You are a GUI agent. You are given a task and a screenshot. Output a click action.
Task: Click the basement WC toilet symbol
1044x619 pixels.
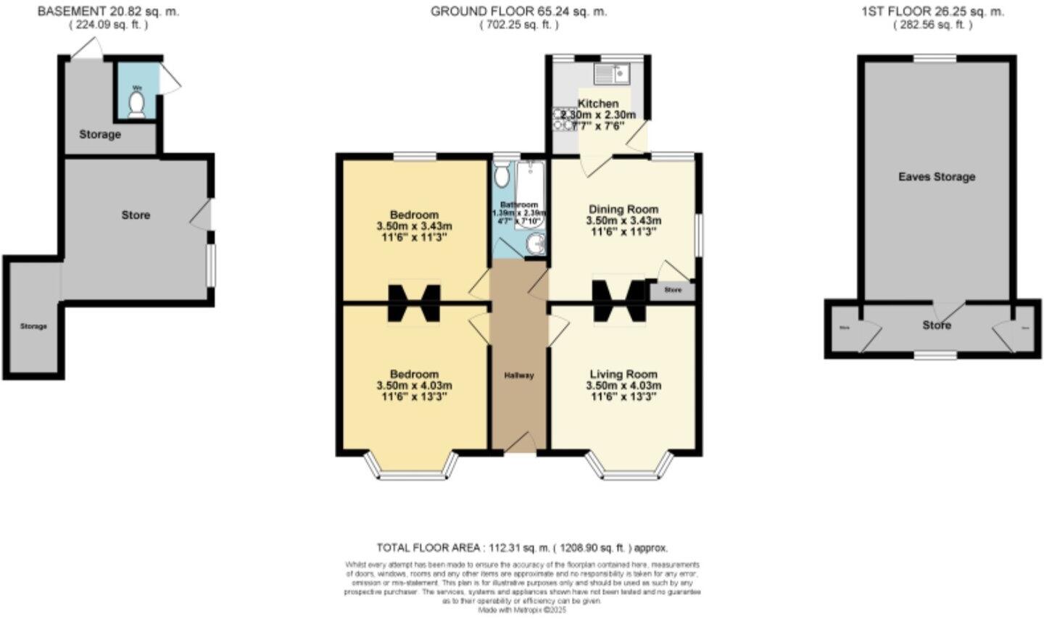pyautogui.click(x=136, y=105)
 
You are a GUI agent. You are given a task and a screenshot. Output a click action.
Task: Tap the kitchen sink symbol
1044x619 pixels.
pyautogui.click(x=612, y=73)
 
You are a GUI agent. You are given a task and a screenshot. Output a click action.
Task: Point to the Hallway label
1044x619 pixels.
pyautogui.click(x=519, y=375)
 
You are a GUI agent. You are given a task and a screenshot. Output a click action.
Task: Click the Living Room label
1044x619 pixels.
pyautogui.click(x=623, y=374)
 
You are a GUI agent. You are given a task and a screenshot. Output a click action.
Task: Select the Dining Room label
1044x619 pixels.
pyautogui.click(x=623, y=209)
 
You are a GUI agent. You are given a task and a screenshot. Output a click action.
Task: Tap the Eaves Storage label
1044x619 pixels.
pyautogui.click(x=937, y=177)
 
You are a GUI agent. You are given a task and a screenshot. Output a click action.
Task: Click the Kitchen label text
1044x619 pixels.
pyautogui.click(x=598, y=104)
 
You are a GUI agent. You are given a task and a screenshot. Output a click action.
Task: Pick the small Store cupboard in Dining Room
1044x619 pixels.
pyautogui.click(x=673, y=290)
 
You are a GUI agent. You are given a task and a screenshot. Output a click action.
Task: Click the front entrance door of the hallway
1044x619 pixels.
pyautogui.click(x=519, y=444)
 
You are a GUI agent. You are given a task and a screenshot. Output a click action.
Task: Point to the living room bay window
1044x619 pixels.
pyautogui.click(x=629, y=470)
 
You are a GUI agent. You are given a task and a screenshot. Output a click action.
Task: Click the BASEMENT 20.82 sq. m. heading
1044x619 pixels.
pyautogui.click(x=108, y=12)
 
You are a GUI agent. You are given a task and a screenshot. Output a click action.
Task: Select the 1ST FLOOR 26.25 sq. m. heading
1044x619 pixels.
pyautogui.click(x=932, y=12)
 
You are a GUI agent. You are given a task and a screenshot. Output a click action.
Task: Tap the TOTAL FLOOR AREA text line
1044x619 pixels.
pyautogui.click(x=521, y=548)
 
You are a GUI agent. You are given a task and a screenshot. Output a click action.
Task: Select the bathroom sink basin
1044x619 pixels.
pyautogui.click(x=535, y=246)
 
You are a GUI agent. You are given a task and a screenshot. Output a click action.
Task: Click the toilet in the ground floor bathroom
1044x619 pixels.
pyautogui.click(x=502, y=175)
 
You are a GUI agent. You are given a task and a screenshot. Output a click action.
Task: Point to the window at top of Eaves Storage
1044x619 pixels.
pyautogui.click(x=934, y=58)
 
